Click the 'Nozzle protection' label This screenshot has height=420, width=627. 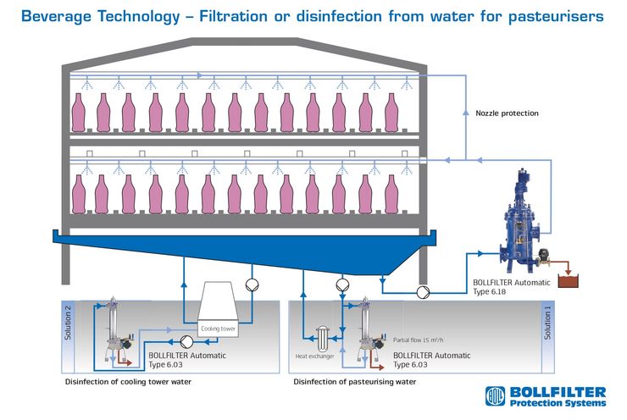coord(507,113)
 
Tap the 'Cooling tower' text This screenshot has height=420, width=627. coord(218,329)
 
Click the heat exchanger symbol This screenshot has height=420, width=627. coord(322,339)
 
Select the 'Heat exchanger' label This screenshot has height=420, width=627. coord(314,356)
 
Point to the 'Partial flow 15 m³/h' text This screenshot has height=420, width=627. coord(418,340)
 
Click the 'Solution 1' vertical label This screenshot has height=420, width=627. coord(547,323)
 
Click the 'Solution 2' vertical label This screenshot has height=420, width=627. coord(68,323)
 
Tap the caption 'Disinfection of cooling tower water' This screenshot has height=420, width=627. coord(128,382)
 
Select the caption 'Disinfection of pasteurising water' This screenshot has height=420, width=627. coord(355,382)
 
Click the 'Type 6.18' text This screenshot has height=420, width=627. coord(489,291)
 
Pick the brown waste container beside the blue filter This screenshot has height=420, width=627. coord(568,280)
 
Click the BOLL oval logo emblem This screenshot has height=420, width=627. coord(495,396)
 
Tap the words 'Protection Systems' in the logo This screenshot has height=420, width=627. coord(558,403)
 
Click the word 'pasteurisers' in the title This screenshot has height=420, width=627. coord(556,17)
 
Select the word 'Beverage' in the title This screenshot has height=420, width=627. coord(57,16)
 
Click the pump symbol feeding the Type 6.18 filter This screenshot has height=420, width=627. coord(423,292)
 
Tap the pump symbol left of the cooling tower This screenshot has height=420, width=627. coord(186,342)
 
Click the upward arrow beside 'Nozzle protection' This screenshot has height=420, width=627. coord(465,113)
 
